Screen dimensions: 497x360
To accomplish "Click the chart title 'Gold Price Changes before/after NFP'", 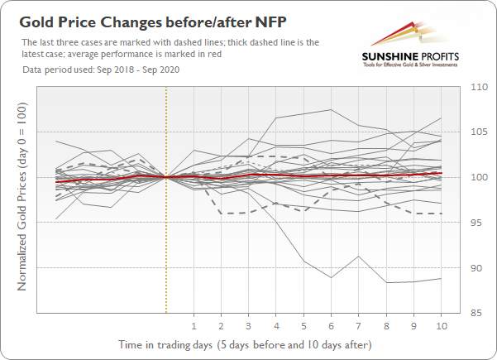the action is pos(153,23).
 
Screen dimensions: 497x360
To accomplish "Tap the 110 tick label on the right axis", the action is pos(479,87).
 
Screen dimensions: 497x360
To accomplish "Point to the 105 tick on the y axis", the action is pos(479,132).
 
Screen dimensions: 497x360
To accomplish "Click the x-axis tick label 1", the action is pos(194,326).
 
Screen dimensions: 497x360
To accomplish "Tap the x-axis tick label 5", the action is pos(303,326).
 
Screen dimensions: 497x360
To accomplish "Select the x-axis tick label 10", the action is pos(442,326).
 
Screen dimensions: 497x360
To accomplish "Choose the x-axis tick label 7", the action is pos(359,326).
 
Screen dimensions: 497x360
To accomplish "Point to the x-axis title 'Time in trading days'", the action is pos(165,344).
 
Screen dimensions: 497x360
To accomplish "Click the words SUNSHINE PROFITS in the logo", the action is pos(410,57).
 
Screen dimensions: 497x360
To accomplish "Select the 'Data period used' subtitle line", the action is pos(101,70).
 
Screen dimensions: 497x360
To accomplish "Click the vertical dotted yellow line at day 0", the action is pos(166,199).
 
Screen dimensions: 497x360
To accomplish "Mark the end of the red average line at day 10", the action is pos(442,173).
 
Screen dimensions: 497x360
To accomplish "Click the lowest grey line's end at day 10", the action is pos(442,279).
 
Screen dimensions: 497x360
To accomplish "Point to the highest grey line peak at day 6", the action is pos(331,110).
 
